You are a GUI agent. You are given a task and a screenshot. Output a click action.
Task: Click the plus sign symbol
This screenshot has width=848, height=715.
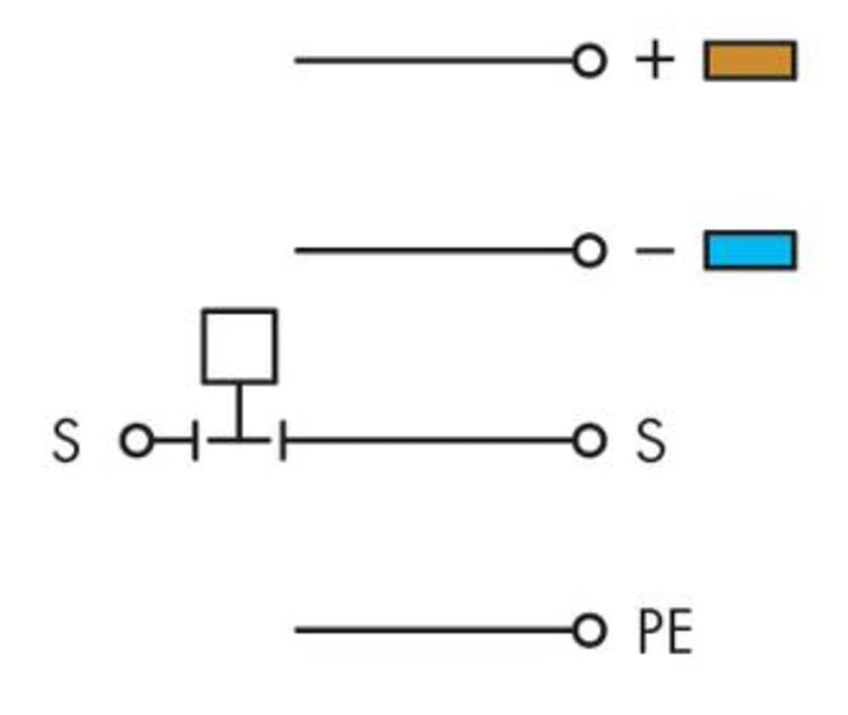pyautogui.click(x=655, y=59)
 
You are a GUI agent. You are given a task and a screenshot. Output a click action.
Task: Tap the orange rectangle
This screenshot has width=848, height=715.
pyautogui.click(x=750, y=60)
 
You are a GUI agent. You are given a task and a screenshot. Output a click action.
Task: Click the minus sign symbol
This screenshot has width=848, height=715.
pyautogui.click(x=655, y=250)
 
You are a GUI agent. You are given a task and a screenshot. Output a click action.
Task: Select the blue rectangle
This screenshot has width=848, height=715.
pyautogui.click(x=750, y=250)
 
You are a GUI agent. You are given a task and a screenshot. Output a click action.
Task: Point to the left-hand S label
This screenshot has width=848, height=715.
pyautogui.click(x=66, y=441)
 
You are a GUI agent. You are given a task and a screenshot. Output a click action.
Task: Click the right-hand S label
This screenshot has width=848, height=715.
pyautogui.click(x=650, y=441)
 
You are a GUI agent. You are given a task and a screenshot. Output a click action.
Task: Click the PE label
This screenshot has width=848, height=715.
pyautogui.click(x=665, y=631)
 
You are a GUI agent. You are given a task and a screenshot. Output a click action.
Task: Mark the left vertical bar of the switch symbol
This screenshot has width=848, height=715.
pyautogui.click(x=195, y=441)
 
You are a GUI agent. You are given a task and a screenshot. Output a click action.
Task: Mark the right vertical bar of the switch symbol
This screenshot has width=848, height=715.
pyautogui.click(x=282, y=441)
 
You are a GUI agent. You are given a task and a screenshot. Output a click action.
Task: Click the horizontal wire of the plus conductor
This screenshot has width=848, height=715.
pyautogui.click(x=433, y=60)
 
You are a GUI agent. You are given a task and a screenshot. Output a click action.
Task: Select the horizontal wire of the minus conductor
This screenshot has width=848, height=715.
pyautogui.click(x=433, y=250)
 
